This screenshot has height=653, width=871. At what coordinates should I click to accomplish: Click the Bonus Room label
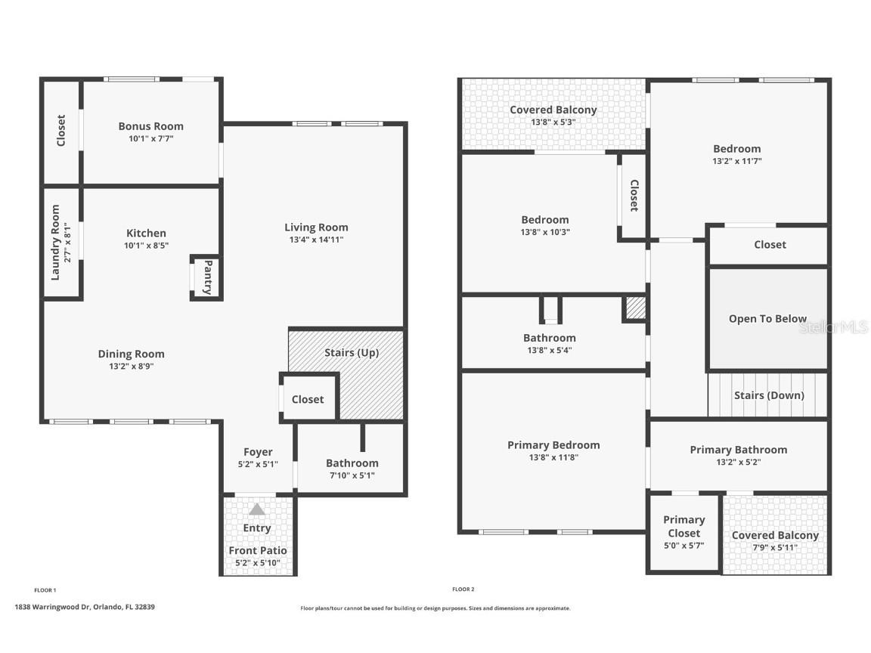tap(150, 126)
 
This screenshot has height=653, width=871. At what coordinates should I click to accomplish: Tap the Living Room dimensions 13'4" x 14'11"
tap(316, 240)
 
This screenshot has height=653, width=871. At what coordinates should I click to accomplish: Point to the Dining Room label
tap(131, 354)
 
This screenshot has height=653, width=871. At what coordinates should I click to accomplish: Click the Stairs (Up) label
tap(352, 352)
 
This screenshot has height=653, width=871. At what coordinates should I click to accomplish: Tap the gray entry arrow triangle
tap(257, 509)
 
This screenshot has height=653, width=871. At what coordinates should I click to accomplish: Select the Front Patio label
tap(257, 550)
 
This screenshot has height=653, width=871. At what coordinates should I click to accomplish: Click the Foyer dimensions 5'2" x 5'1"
tap(258, 465)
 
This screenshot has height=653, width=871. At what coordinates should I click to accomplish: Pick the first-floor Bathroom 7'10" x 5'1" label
tap(352, 463)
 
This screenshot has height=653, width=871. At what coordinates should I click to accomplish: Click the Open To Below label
tap(767, 319)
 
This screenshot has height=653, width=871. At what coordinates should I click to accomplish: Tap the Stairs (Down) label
tap(769, 395)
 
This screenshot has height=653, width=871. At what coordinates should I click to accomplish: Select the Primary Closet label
tap(683, 526)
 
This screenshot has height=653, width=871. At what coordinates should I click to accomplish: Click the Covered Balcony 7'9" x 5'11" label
tap(775, 535)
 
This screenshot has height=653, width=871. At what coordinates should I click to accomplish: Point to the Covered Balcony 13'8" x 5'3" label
tap(553, 110)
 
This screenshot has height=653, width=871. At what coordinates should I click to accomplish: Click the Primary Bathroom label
tap(738, 450)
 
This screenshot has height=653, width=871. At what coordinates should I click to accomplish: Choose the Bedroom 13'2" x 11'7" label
tap(736, 149)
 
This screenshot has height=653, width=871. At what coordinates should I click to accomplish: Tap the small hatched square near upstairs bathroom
tap(635, 308)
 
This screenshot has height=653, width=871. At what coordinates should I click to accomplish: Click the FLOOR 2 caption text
tap(463, 590)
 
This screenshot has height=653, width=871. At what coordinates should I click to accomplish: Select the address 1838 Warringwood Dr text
tap(85, 607)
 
